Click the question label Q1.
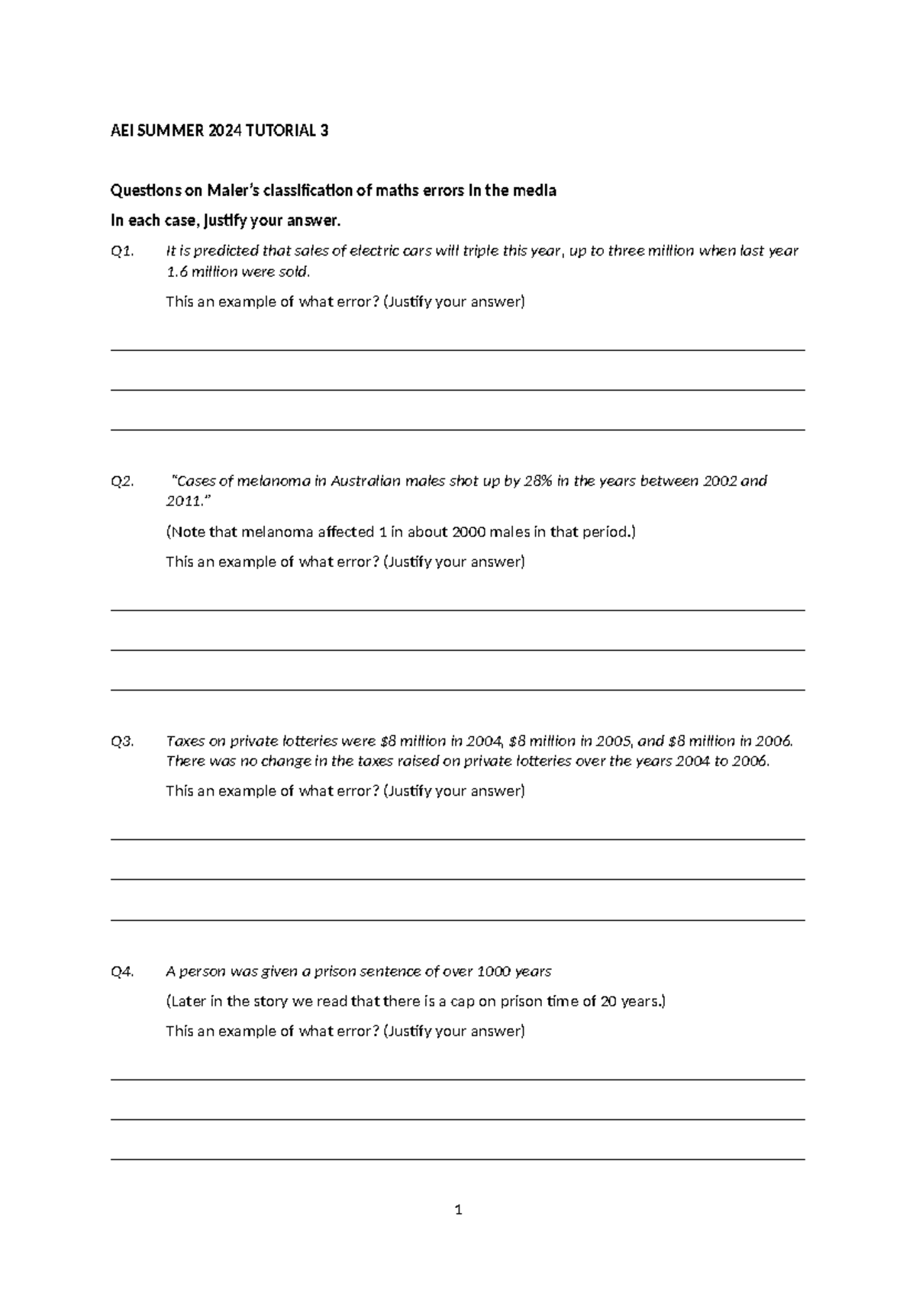122,251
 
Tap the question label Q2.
122,481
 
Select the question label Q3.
122,741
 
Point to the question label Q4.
122,971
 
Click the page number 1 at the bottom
458,1209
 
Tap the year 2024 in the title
224,130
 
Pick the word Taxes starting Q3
184,741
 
